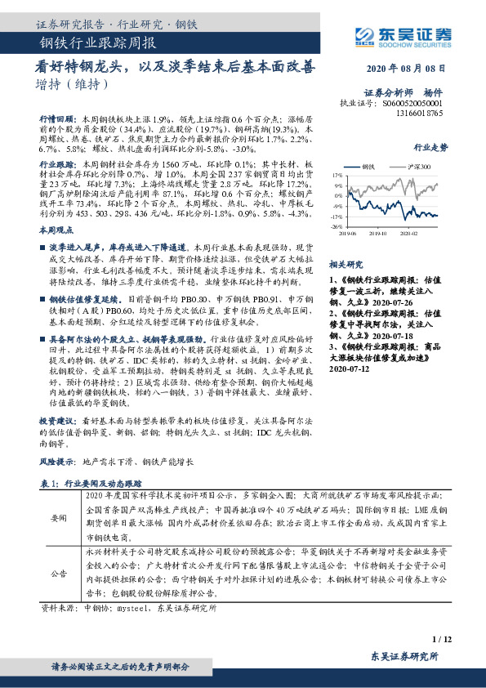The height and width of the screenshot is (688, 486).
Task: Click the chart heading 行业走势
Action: pyautogui.click(x=431, y=149)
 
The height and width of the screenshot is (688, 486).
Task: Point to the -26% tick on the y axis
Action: pyautogui.click(x=335, y=227)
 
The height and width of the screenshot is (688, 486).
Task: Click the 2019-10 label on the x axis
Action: pyautogui.click(x=377, y=234)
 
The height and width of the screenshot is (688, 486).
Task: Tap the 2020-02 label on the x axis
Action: pyautogui.click(x=410, y=234)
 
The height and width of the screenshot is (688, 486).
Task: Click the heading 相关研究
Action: pyautogui.click(x=345, y=265)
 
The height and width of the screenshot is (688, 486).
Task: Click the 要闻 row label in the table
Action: pyautogui.click(x=60, y=518)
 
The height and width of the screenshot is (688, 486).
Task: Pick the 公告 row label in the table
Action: pyautogui.click(x=60, y=574)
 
